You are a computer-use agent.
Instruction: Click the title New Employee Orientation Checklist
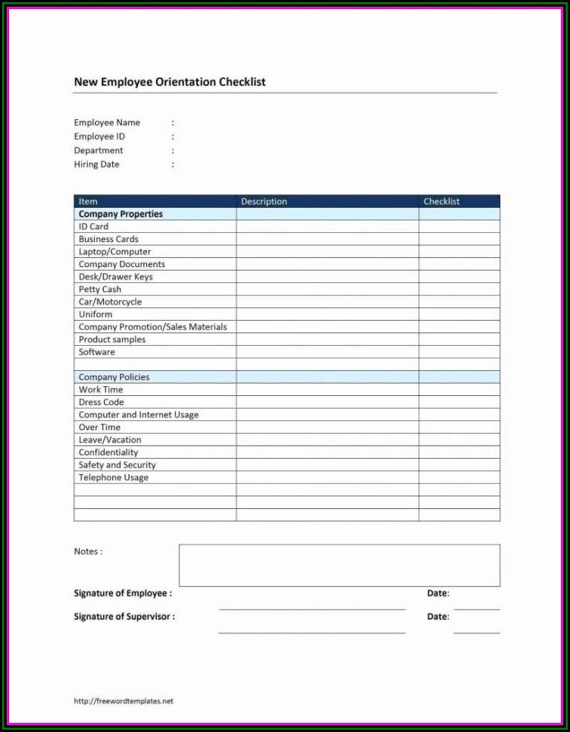pyautogui.click(x=170, y=82)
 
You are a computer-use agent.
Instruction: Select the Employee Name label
pyautogui.click(x=107, y=123)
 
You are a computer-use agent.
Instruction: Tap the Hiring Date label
pyautogui.click(x=96, y=165)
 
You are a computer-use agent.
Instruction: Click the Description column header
pyautogui.click(x=264, y=202)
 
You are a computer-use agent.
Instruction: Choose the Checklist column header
pyautogui.click(x=441, y=202)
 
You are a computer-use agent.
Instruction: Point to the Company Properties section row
pyautogui.click(x=121, y=215)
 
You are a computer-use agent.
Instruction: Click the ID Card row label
pyautogui.click(x=93, y=227)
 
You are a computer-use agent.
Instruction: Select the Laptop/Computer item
pyautogui.click(x=114, y=252)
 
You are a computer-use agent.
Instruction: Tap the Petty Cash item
pyautogui.click(x=100, y=290)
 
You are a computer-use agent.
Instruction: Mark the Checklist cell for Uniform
pyautogui.click(x=459, y=315)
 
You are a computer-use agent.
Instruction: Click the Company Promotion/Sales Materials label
pyautogui.click(x=152, y=327)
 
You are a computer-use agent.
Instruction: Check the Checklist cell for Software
pyautogui.click(x=459, y=352)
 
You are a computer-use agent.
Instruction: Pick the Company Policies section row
pyautogui.click(x=114, y=377)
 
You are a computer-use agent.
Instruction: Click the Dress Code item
pyautogui.click(x=101, y=402)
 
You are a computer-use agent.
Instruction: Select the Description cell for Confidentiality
pyautogui.click(x=327, y=453)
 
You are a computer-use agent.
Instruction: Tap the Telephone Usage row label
pyautogui.click(x=114, y=478)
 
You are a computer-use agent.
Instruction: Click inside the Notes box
pyautogui.click(x=339, y=565)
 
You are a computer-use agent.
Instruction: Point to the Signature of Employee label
pyautogui.click(x=123, y=593)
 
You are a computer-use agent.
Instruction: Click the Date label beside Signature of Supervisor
pyautogui.click(x=437, y=617)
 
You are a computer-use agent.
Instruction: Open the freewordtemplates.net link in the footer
pyautogui.click(x=124, y=701)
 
